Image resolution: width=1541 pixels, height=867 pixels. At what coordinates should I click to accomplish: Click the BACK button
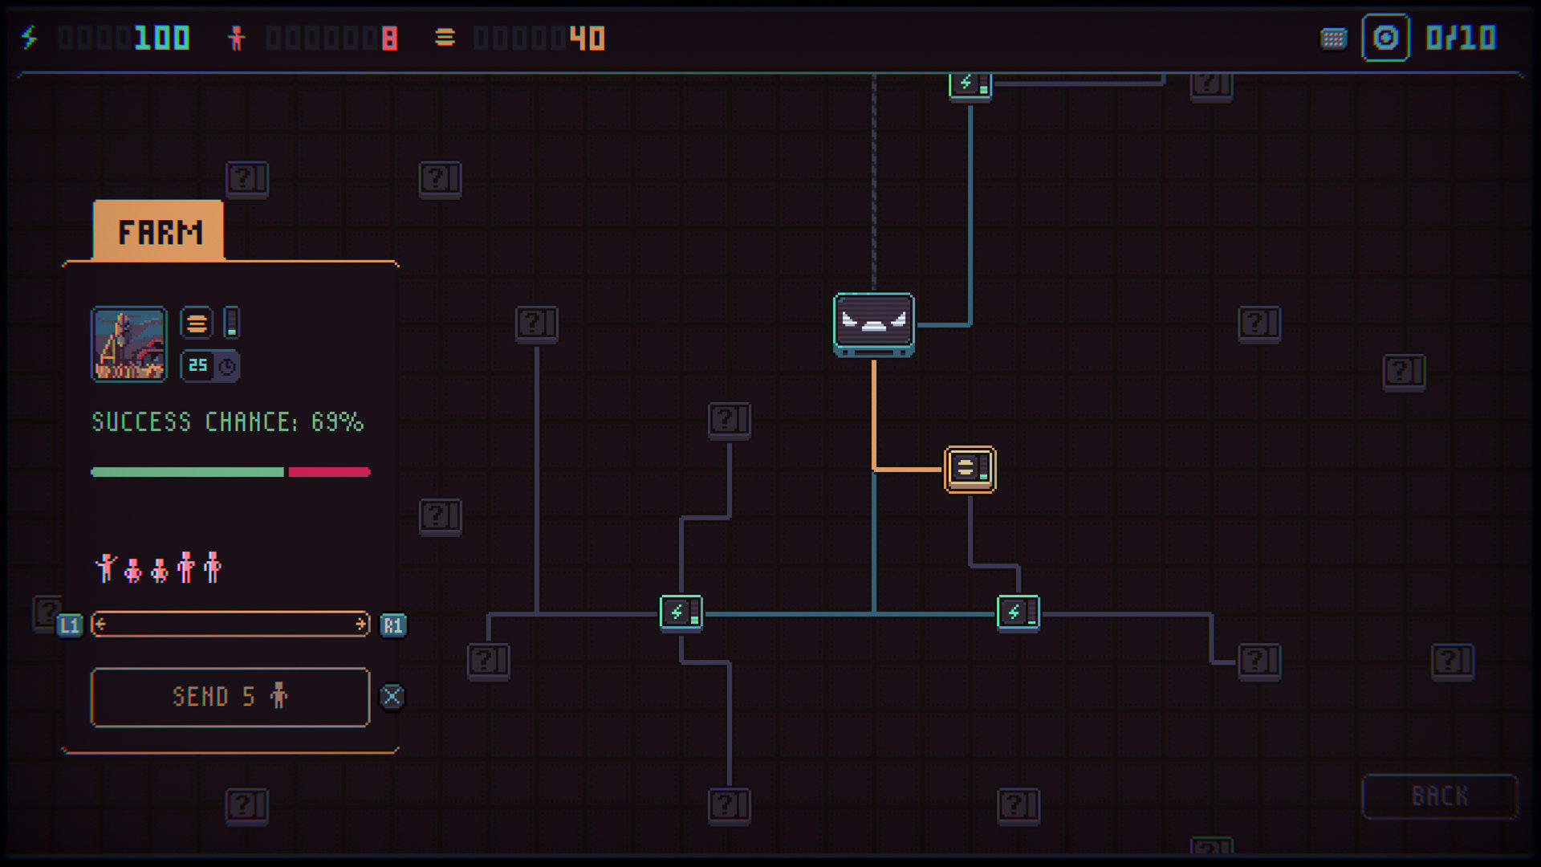pos(1440,796)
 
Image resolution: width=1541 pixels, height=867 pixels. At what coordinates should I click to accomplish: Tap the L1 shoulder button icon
pos(70,625)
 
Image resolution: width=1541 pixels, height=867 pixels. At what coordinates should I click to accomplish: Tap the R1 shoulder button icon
pos(392,625)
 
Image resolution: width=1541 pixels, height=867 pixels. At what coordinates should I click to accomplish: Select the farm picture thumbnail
pos(129,344)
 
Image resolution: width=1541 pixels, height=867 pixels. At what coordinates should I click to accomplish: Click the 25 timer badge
pos(209,366)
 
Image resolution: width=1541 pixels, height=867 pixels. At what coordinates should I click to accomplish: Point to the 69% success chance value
pos(337,422)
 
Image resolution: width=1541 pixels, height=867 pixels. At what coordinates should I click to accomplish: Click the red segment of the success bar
pos(329,472)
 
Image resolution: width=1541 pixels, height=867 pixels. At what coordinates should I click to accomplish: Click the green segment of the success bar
pos(188,472)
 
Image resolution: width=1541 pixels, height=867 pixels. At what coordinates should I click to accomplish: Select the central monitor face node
pos(874,324)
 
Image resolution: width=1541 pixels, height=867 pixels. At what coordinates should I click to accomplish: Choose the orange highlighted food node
pos(970,470)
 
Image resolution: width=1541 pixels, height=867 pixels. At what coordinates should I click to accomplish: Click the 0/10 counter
pos(1461,38)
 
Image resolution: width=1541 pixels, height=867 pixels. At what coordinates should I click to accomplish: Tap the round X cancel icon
pos(392,697)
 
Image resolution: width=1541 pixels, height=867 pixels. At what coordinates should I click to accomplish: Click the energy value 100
pos(162,38)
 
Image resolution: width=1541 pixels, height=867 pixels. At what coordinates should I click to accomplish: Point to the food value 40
pos(587,38)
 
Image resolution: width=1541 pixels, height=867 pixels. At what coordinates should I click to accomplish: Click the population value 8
pos(389,38)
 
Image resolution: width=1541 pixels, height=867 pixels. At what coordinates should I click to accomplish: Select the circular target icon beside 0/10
pos(1386,38)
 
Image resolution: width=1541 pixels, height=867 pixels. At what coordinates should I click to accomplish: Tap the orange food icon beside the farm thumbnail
pos(197,324)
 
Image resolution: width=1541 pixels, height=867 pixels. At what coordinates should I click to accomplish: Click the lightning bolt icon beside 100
pos(30,38)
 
